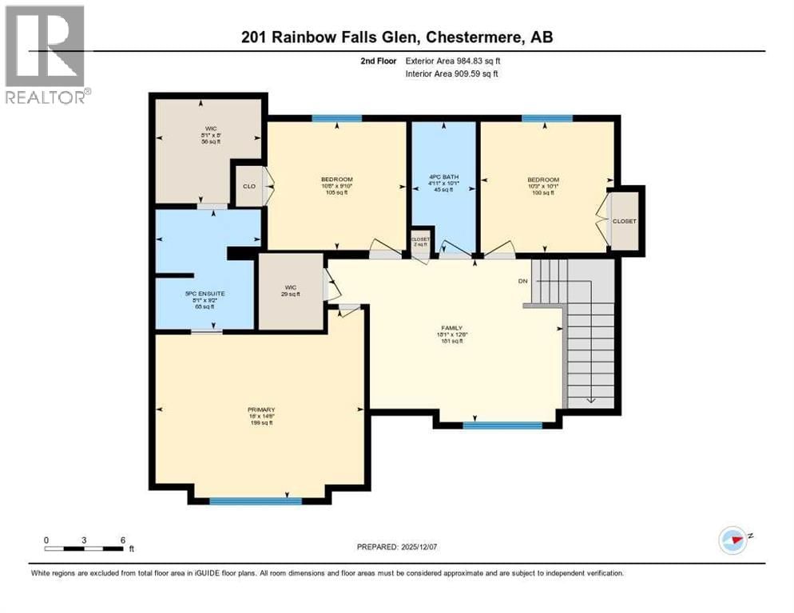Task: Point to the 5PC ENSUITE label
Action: [x=205, y=293]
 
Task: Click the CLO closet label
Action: [x=248, y=188]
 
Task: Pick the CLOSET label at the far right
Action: [x=624, y=220]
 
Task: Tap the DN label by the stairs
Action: [x=523, y=281]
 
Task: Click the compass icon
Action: [x=732, y=540]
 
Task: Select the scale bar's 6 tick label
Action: [x=122, y=540]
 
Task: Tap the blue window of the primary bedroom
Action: [x=256, y=501]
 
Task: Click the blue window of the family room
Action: [x=502, y=425]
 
